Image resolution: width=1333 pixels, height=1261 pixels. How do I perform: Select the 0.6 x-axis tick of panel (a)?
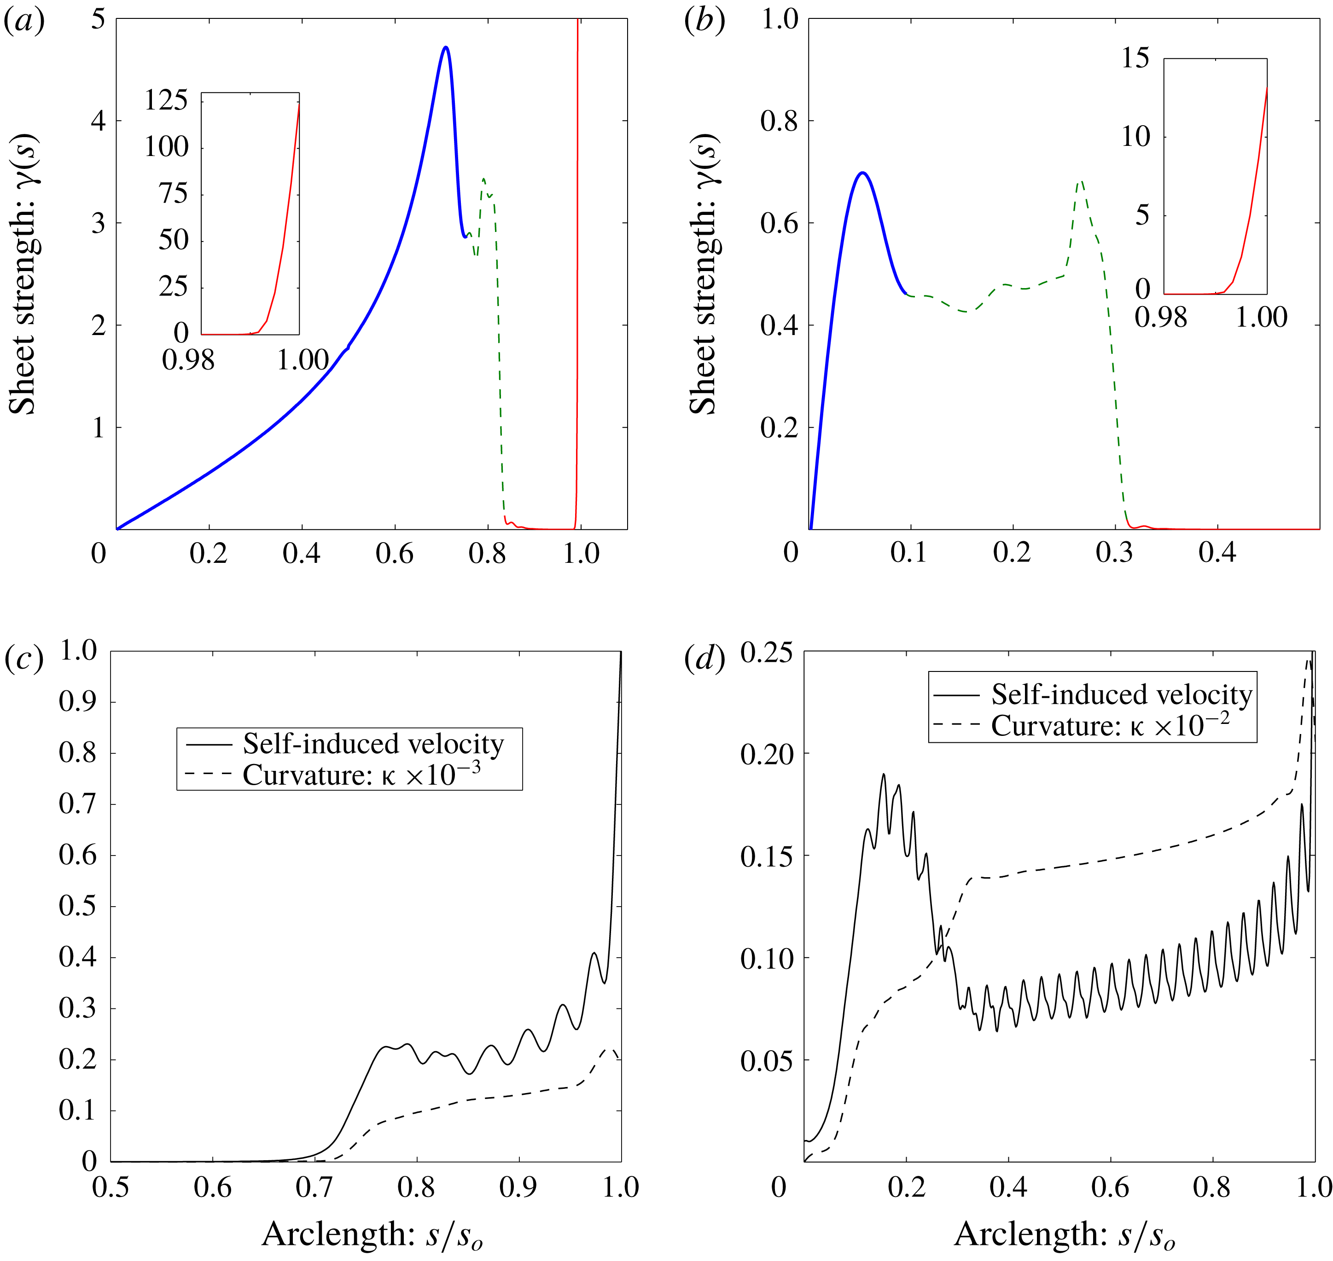395,553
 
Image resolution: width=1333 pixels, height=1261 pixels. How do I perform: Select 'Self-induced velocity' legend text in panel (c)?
373,744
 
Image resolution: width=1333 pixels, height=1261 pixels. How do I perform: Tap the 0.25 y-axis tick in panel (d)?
767,654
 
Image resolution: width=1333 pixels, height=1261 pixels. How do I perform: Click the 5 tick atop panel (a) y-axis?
99,20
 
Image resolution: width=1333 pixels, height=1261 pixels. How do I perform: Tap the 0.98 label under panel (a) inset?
188,360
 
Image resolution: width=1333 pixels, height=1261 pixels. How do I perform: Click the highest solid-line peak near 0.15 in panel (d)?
884,775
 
